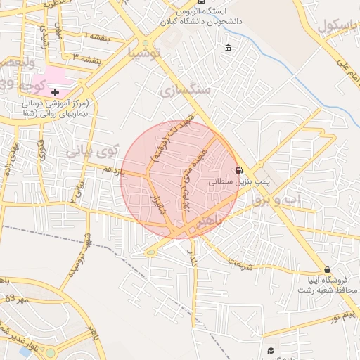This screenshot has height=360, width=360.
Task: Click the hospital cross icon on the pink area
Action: click(55, 92)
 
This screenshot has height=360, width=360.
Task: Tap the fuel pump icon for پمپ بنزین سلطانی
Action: click(239, 170)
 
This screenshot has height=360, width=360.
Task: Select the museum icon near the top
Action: click(229, 49)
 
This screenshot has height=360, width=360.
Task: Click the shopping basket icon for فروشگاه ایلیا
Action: click(328, 269)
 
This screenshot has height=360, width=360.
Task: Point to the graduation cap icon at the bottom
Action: click(271, 350)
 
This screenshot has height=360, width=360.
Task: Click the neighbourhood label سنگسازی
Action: click(185, 90)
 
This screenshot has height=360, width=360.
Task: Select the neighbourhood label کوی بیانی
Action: click(93, 150)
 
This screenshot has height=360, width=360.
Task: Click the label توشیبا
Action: click(146, 53)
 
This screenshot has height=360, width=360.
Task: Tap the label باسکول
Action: click(337, 25)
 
